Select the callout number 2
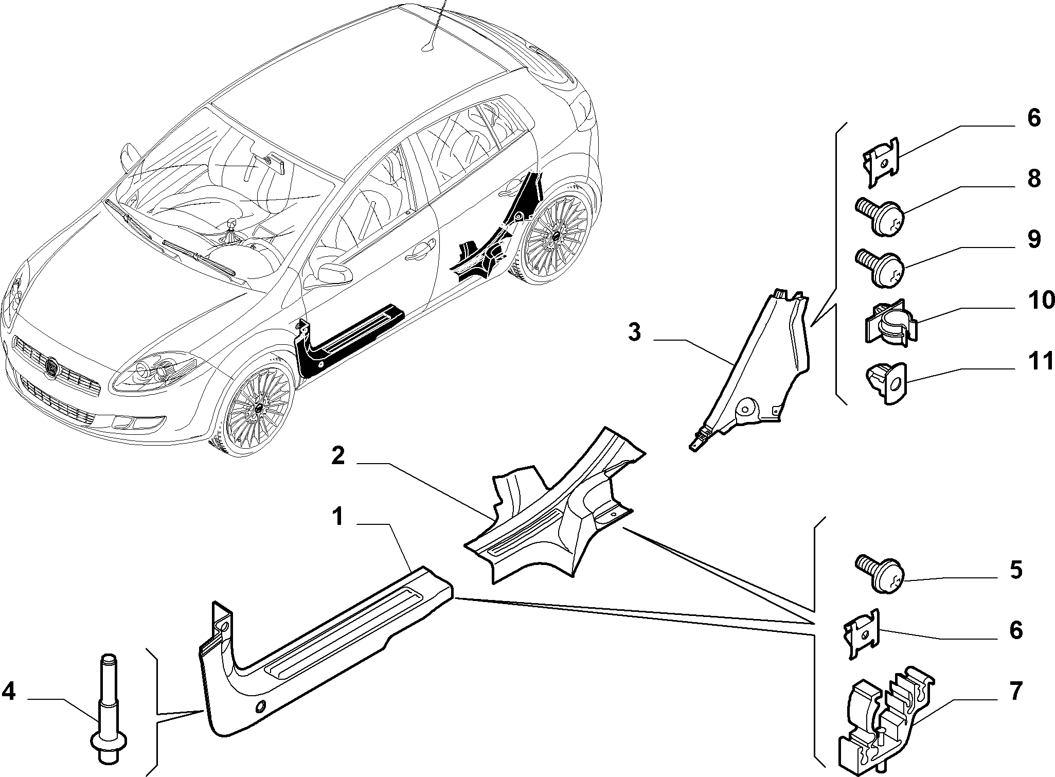[337, 456]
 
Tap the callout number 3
[634, 332]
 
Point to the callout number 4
[9, 692]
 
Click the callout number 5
[1015, 570]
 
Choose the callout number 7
[1015, 691]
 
